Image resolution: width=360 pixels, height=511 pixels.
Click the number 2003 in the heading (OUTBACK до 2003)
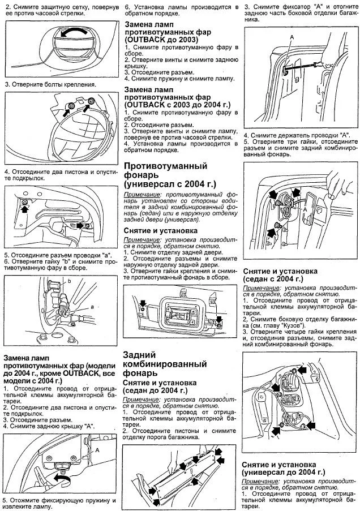tap(185, 41)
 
